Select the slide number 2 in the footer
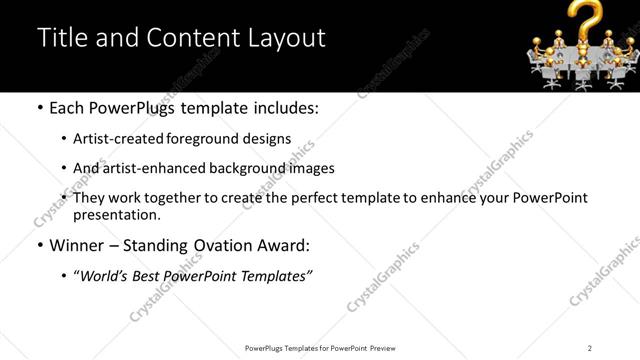point(590,348)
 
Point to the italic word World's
point(105,275)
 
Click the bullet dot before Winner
point(39,246)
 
